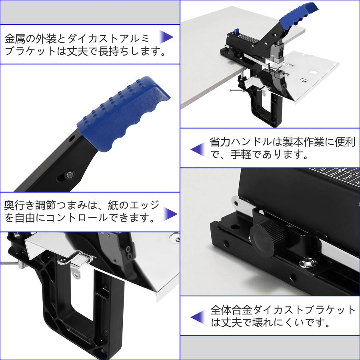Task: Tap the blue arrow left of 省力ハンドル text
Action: pyautogui.click(x=197, y=149)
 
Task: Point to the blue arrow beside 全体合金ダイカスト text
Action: pyautogui.click(x=197, y=317)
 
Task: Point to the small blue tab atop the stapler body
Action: pyautogui.click(x=236, y=31)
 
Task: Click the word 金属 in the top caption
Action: pyautogui.click(x=14, y=39)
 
